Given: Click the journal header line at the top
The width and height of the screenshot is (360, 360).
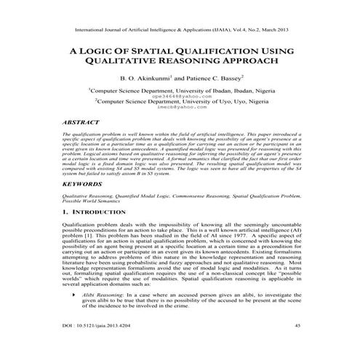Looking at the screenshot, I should (x=180, y=31).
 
